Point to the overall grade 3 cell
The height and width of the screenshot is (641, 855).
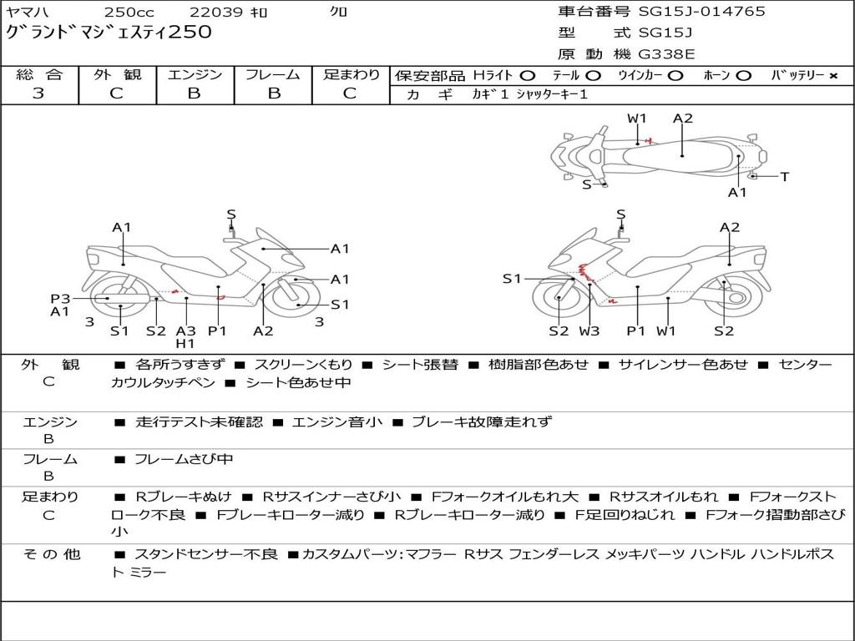[38, 93]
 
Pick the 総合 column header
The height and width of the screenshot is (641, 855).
[38, 74]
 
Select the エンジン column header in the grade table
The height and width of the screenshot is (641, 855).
[195, 74]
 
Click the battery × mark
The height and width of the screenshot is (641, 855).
[832, 75]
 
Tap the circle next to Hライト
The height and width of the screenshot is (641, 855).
[528, 75]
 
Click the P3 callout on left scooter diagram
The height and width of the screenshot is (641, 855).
[59, 298]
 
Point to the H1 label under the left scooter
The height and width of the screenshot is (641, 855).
[185, 343]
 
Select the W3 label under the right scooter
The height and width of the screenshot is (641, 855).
[589, 331]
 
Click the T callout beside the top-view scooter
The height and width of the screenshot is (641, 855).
[784, 176]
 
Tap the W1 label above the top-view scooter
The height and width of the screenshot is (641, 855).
[637, 119]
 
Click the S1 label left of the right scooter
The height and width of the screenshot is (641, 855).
[512, 279]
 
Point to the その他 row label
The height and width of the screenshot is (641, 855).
[51, 554]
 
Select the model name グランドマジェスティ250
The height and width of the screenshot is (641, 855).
[109, 33]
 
